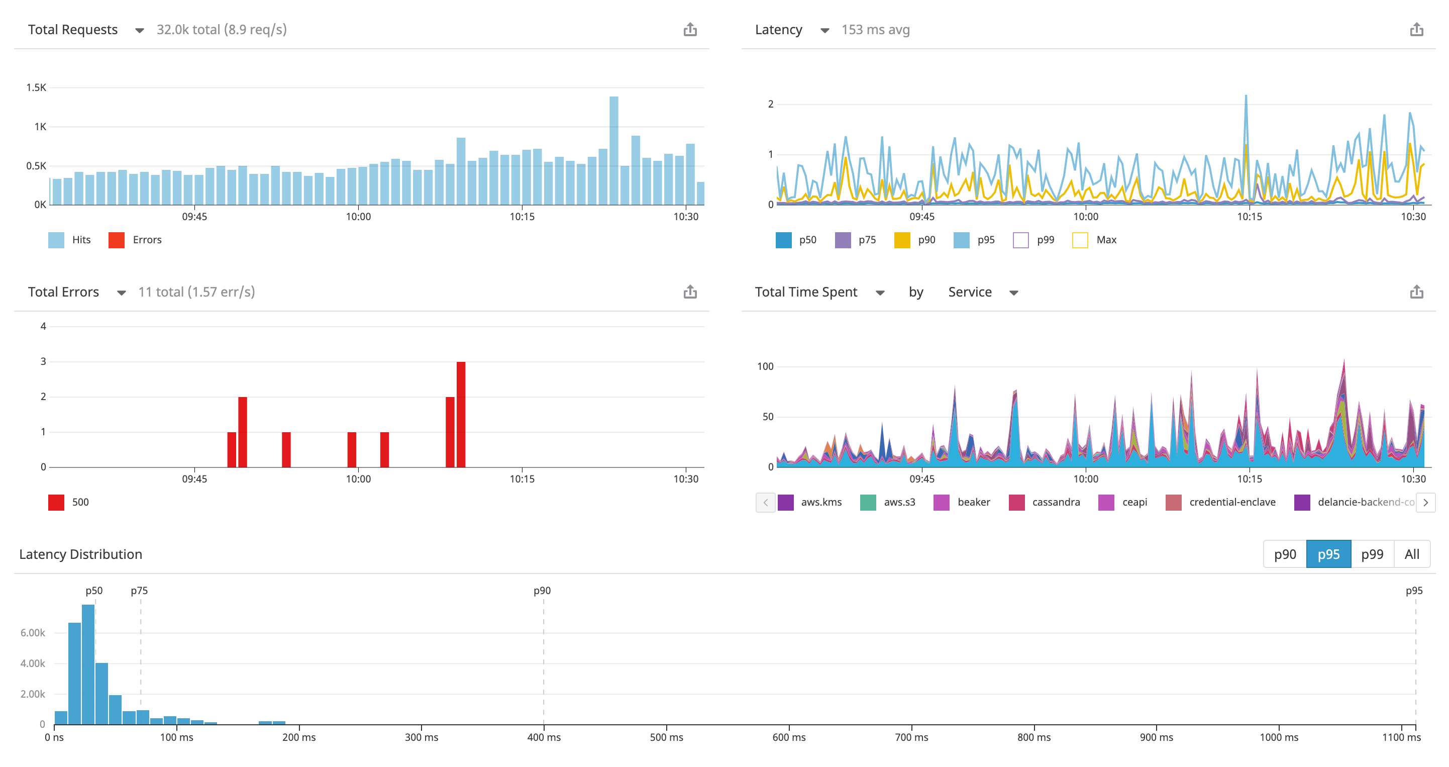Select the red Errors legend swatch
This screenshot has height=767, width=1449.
click(117, 240)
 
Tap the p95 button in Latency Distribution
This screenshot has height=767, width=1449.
click(1328, 554)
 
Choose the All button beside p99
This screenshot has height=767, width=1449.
click(1411, 554)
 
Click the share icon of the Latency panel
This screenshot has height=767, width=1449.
click(1416, 30)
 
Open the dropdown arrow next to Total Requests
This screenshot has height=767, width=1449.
click(140, 30)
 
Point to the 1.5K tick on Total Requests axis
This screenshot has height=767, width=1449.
click(36, 88)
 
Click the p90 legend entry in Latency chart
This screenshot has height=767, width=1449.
click(915, 240)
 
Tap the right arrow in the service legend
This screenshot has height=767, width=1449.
click(1425, 503)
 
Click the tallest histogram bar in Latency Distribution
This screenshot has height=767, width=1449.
click(88, 664)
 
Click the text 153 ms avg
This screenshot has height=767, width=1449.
click(875, 30)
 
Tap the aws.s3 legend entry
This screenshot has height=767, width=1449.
click(888, 503)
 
